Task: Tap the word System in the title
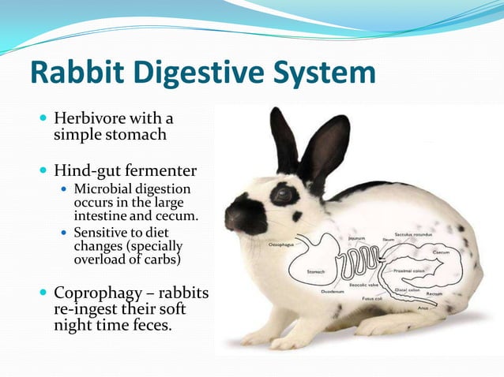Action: click(320, 73)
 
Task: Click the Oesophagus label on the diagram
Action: click(283, 244)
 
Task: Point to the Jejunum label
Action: click(356, 237)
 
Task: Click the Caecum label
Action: click(442, 252)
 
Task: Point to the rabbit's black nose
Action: click(231, 211)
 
